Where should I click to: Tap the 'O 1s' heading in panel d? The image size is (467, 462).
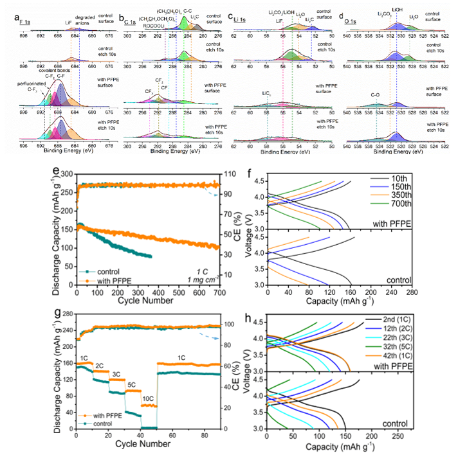tap(360, 12)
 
